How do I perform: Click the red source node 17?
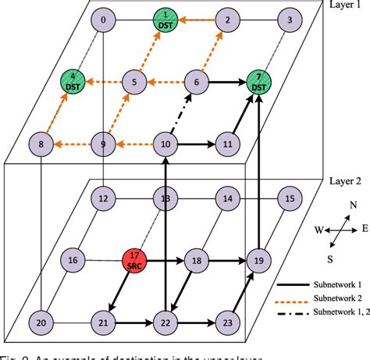(134, 260)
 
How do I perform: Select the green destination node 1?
(165, 20)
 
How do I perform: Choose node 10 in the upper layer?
(165, 143)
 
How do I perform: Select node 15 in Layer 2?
(290, 199)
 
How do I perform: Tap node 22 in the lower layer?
(165, 321)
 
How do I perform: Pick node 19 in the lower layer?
(258, 260)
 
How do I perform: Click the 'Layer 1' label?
(344, 7)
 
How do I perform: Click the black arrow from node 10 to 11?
(195, 144)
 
